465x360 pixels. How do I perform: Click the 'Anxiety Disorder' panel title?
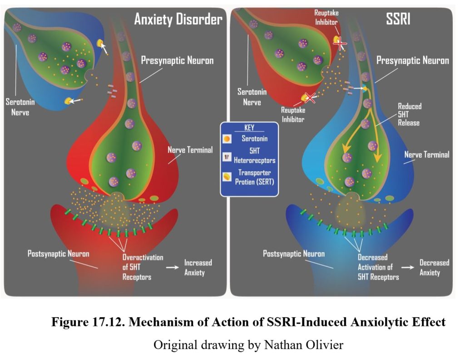pos(178,20)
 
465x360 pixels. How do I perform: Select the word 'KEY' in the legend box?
pos(249,128)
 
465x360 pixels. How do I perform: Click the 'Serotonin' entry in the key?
pos(253,137)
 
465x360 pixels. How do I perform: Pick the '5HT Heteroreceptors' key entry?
pos(253,156)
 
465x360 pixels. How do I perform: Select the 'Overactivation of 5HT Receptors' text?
pos(142,267)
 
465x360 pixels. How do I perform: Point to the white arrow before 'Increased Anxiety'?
pos(173,267)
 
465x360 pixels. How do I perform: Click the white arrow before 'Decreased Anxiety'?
pos(408,267)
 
